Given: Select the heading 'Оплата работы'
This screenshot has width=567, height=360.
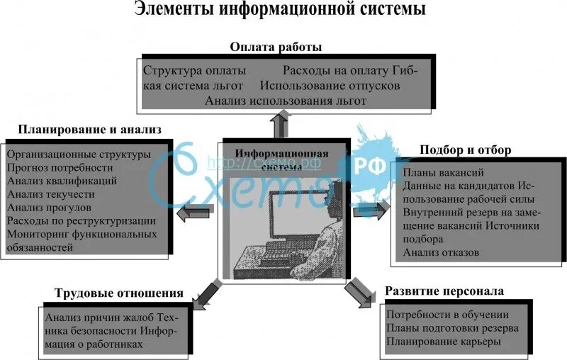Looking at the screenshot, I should (276, 47).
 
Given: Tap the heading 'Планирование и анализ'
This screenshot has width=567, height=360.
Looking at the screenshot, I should (90, 130).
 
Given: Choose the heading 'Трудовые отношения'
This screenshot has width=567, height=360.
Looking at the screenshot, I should (118, 293).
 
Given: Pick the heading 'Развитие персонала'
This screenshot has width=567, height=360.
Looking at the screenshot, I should (444, 291).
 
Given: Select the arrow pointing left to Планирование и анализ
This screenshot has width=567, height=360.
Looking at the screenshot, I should (191, 212).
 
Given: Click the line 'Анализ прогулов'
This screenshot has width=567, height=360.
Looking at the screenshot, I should (49, 208).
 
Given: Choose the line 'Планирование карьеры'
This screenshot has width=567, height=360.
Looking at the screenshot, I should (444, 341).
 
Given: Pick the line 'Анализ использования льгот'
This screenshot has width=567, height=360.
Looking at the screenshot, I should (286, 101).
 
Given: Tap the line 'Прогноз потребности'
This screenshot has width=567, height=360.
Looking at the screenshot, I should (60, 167).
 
